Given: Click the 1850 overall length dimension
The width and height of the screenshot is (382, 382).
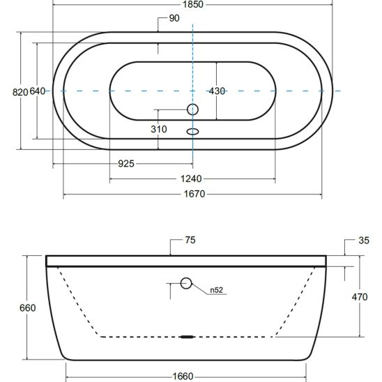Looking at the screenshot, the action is pyautogui.click(x=193, y=4).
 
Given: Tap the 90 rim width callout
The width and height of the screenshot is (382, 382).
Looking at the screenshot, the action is pyautogui.click(x=174, y=18).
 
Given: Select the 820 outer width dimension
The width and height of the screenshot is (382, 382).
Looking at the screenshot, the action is pyautogui.click(x=20, y=92).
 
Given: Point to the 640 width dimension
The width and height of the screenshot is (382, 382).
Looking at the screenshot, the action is pyautogui.click(x=37, y=91).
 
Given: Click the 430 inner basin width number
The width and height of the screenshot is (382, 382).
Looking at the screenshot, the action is pyautogui.click(x=217, y=91).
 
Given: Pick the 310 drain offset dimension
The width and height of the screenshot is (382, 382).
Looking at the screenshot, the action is pyautogui.click(x=159, y=129).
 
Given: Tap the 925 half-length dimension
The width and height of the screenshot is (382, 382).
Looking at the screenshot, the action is pyautogui.click(x=126, y=164).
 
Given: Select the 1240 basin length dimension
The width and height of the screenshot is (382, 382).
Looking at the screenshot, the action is pyautogui.click(x=191, y=179).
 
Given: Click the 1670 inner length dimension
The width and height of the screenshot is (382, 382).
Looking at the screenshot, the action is pyautogui.click(x=194, y=194).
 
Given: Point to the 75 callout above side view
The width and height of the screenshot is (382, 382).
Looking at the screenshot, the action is pyautogui.click(x=190, y=240).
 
